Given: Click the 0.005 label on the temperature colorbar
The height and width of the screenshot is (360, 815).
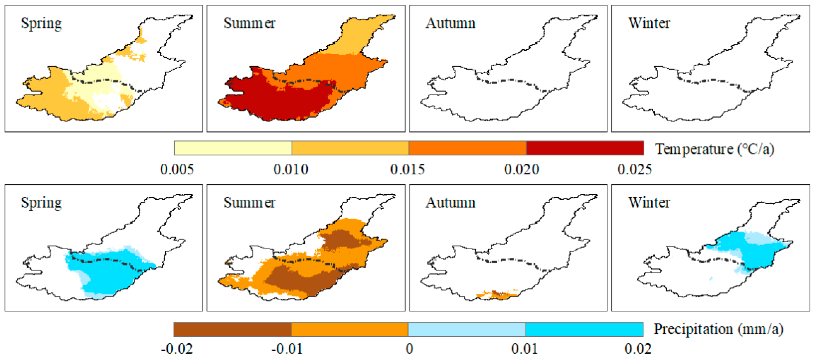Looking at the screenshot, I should [x=177, y=170].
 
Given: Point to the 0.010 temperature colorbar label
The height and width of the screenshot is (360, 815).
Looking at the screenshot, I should [x=290, y=170].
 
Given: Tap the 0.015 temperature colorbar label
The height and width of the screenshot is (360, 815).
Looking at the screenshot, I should [x=407, y=170].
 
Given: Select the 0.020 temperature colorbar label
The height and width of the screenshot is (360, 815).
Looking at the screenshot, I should [x=521, y=170].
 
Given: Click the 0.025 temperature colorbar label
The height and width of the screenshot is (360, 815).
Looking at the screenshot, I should [x=634, y=170].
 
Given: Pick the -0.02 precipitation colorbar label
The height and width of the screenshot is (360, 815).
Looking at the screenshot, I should [x=177, y=349].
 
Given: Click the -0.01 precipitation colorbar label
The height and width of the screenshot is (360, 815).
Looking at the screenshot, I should [x=287, y=349].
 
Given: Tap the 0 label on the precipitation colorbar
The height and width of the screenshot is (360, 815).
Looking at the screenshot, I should [x=409, y=349].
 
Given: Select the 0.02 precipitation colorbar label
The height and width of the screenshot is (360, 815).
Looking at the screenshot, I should [x=638, y=349].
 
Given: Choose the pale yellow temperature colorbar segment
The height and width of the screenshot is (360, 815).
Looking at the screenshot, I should [x=233, y=148].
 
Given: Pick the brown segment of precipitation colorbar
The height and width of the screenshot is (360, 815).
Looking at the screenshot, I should [x=232, y=329].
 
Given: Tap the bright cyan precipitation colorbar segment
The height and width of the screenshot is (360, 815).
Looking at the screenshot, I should [x=584, y=329].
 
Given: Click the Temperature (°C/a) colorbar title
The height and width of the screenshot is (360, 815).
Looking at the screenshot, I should [x=714, y=149].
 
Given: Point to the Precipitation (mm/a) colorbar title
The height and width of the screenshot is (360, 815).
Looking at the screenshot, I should [x=718, y=329].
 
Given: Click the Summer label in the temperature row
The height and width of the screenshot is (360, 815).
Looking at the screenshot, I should [x=249, y=23].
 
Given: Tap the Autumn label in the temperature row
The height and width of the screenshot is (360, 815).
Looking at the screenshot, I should [x=450, y=23].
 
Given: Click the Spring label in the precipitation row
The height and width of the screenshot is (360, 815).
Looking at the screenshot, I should [x=41, y=203].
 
